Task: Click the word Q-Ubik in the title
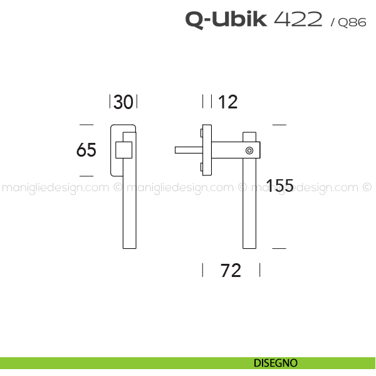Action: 226,19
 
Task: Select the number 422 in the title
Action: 298,19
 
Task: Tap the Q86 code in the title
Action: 352,23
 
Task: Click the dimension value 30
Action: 123,102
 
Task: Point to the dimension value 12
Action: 227,102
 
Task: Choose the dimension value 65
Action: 86,150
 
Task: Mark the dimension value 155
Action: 279,185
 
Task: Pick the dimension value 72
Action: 231,270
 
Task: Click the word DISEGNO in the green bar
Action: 276,363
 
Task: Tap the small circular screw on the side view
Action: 249,150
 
